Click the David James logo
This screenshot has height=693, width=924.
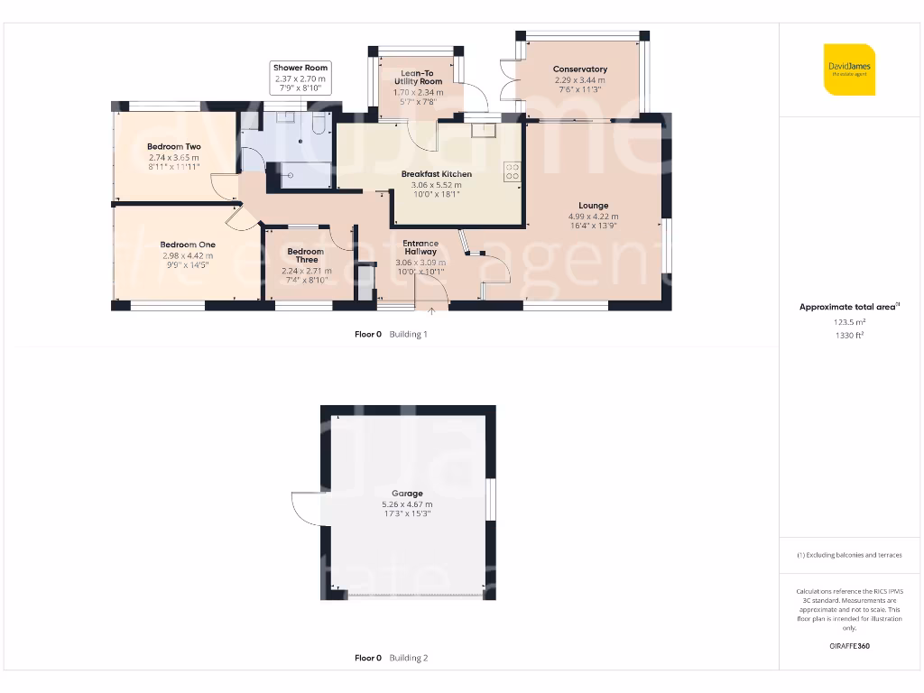pyautogui.click(x=849, y=69)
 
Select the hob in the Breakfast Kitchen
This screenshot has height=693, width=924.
pyautogui.click(x=513, y=171)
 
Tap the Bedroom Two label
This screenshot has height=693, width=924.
pyautogui.click(x=174, y=146)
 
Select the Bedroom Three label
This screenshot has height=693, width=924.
pyautogui.click(x=305, y=255)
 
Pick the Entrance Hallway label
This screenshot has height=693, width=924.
pyautogui.click(x=420, y=247)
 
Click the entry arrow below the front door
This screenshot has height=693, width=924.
pyautogui.click(x=431, y=312)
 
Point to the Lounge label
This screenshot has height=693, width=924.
pyautogui.click(x=593, y=206)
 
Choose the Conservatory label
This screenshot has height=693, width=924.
pyautogui.click(x=580, y=69)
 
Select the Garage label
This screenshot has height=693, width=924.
pyautogui.click(x=407, y=494)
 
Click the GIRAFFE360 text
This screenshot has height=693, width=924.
pyautogui.click(x=849, y=646)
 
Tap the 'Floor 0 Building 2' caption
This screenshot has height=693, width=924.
pyautogui.click(x=391, y=658)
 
